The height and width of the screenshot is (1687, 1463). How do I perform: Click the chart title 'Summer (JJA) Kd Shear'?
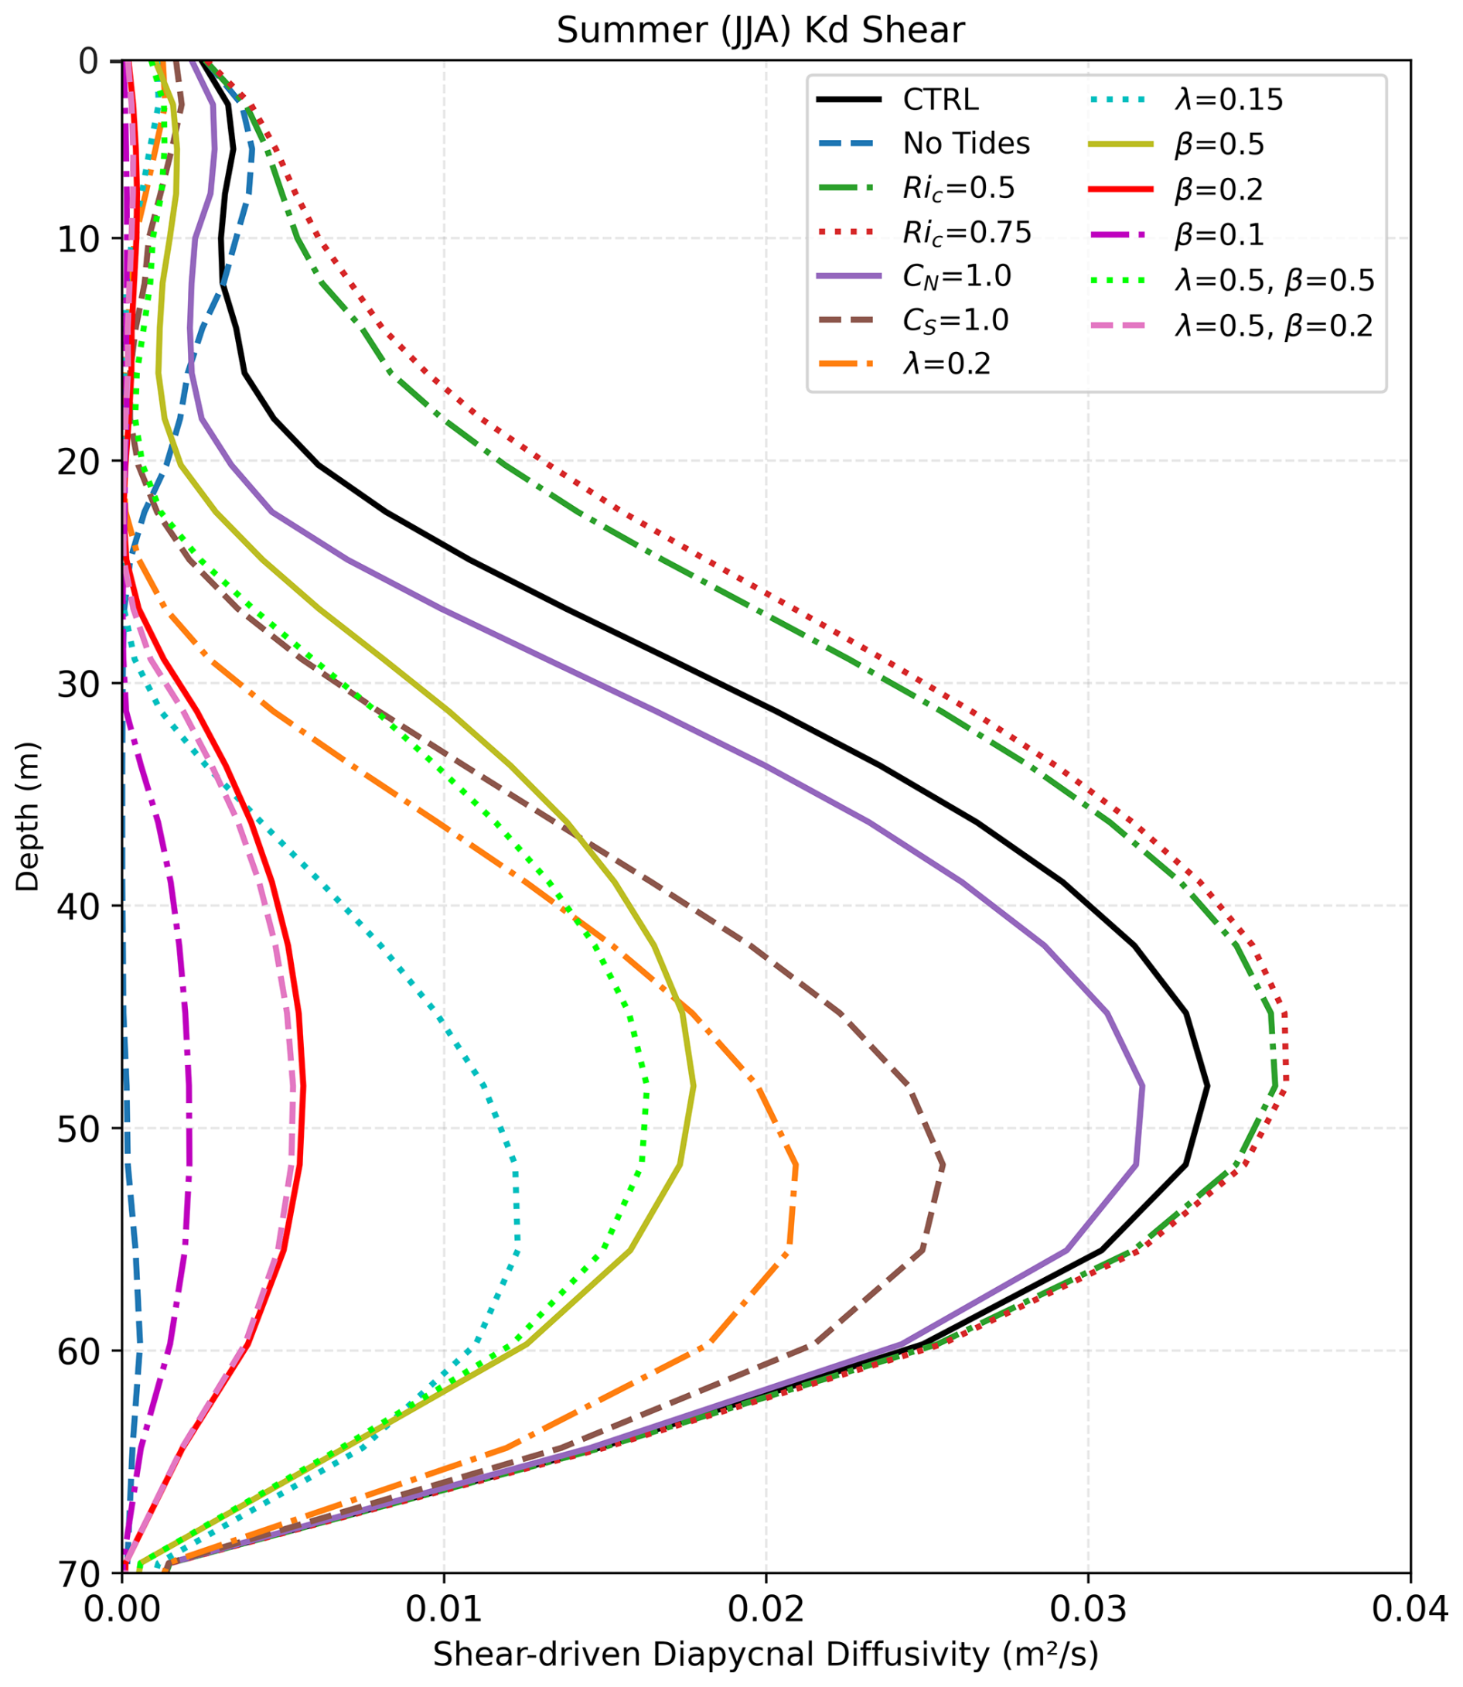click(760, 31)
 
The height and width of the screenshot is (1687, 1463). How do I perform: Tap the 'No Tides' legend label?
click(966, 144)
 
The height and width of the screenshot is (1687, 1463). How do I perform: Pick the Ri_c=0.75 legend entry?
click(967, 234)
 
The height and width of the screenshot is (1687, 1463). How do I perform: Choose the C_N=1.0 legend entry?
click(956, 277)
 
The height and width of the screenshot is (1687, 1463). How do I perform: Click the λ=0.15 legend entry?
click(1229, 100)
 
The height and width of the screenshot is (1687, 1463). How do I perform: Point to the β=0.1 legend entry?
click(1219, 235)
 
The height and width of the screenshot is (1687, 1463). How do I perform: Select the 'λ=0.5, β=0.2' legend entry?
click(1274, 326)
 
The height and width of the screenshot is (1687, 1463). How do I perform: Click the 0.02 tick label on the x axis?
click(766, 1610)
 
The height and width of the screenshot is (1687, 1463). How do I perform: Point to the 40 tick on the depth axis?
click(77, 906)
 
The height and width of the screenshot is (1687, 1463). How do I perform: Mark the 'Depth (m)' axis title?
click(28, 817)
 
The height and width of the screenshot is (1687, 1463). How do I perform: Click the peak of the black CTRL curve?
click(1206, 1086)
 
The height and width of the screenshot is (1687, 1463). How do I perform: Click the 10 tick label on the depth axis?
click(77, 238)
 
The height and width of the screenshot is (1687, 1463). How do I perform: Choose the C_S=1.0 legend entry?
click(955, 320)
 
